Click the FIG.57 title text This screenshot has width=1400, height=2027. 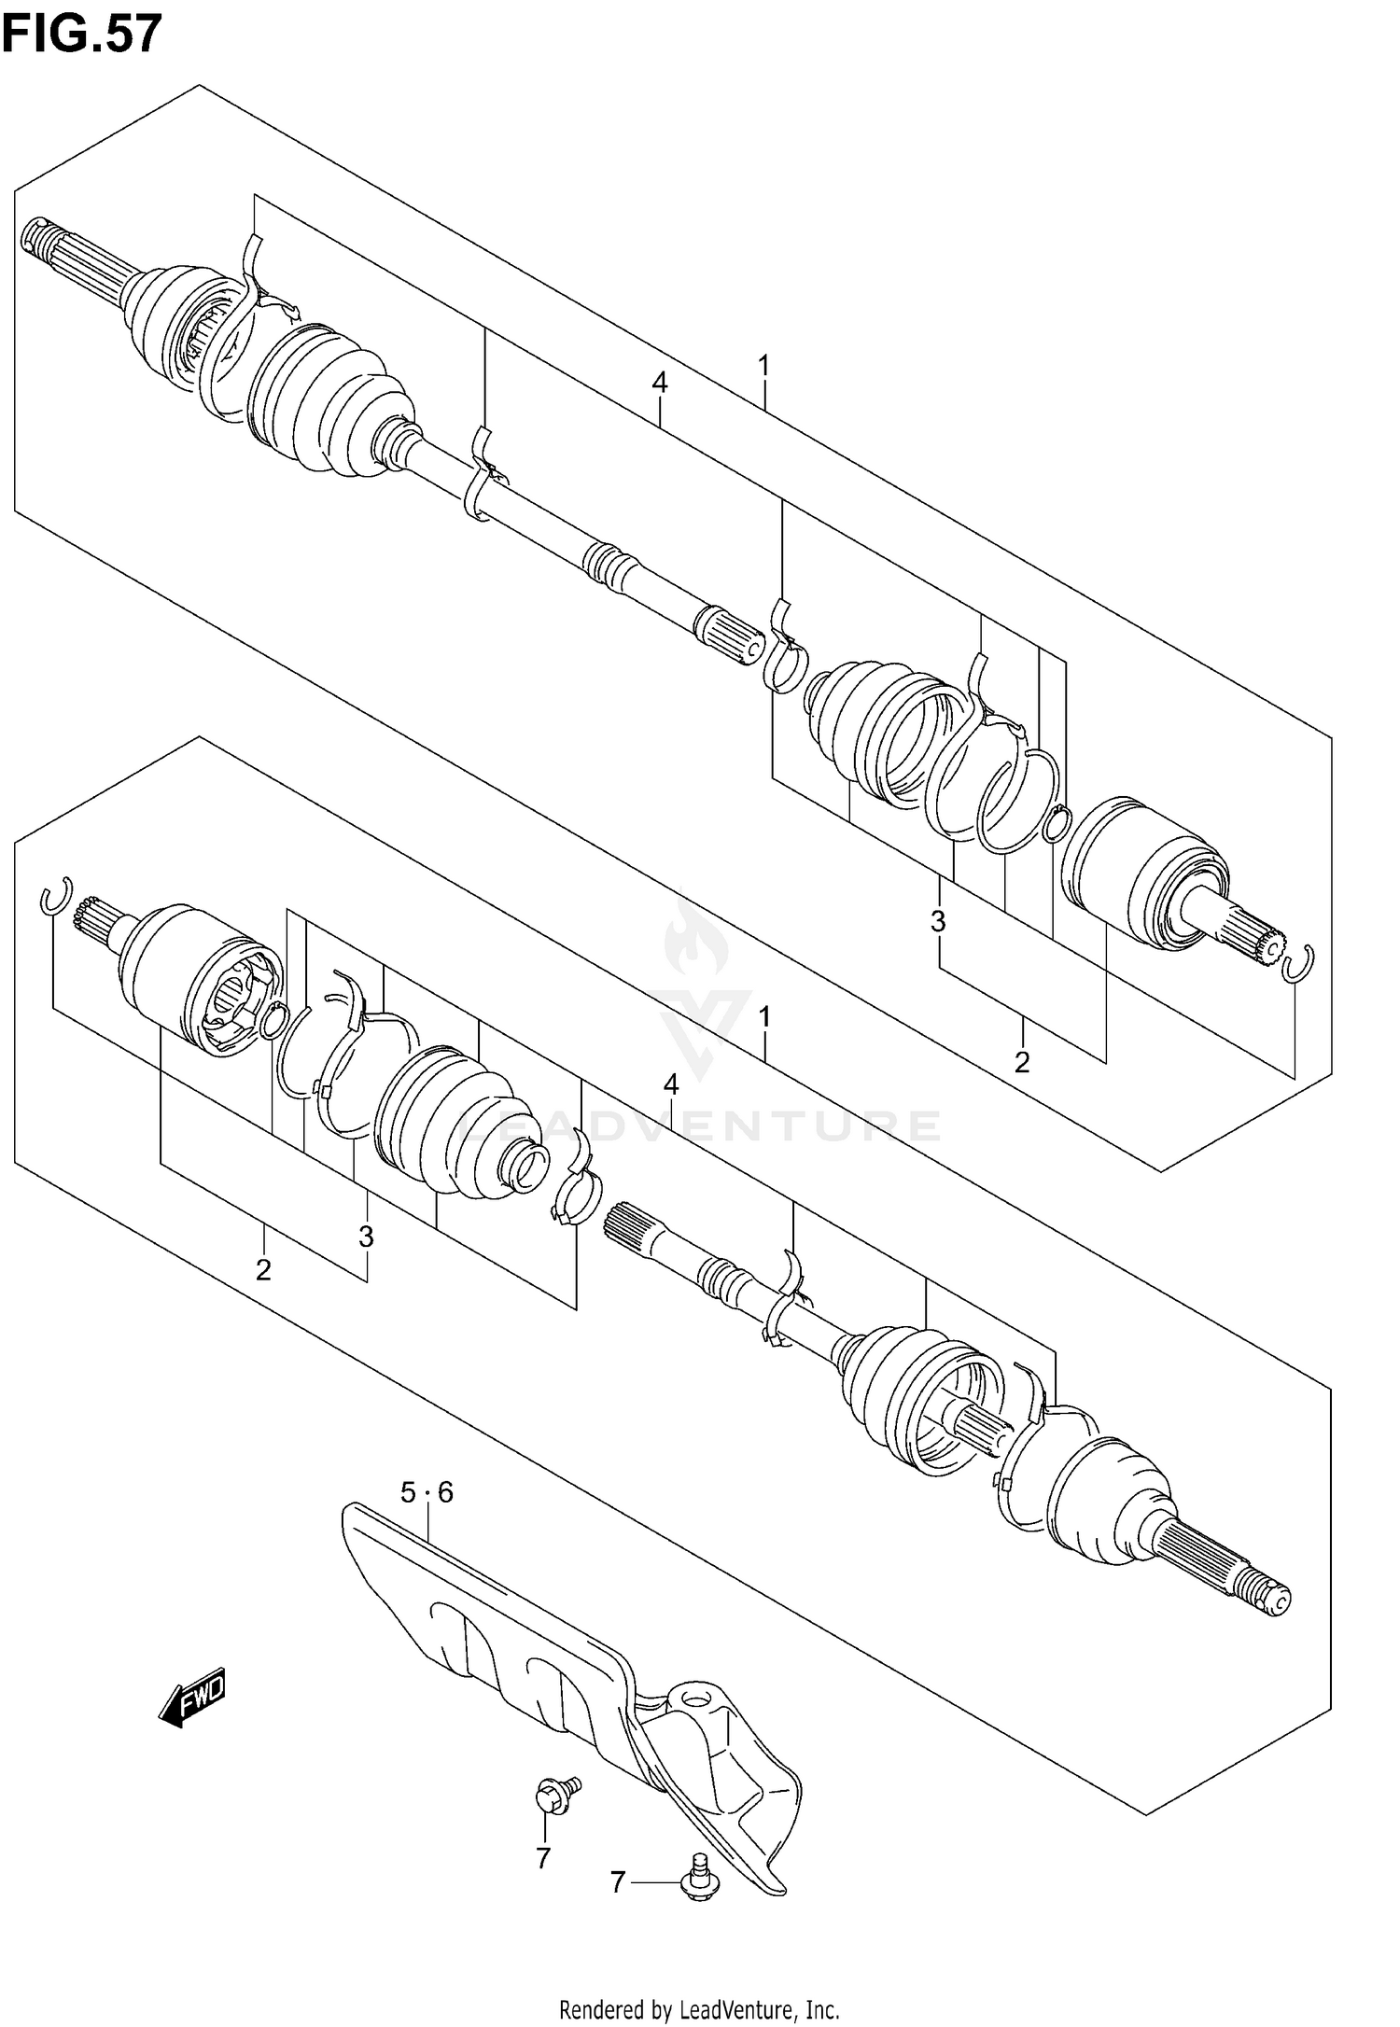click(82, 35)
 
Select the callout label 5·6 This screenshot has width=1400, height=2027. click(427, 1493)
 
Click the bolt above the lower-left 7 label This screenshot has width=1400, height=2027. click(556, 1794)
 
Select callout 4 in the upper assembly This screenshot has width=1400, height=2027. click(660, 383)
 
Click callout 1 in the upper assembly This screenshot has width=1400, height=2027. click(763, 366)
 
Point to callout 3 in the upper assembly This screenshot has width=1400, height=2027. click(938, 922)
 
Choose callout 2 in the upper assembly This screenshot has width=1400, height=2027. click(1022, 1062)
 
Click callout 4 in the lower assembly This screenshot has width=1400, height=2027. click(671, 1084)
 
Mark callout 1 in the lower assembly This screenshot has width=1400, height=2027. click(764, 1017)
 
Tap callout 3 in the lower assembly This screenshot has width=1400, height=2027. click(366, 1237)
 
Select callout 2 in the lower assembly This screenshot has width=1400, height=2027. click(263, 1270)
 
